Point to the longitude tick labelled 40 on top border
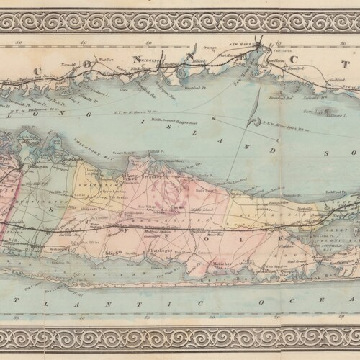click(85, 42)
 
